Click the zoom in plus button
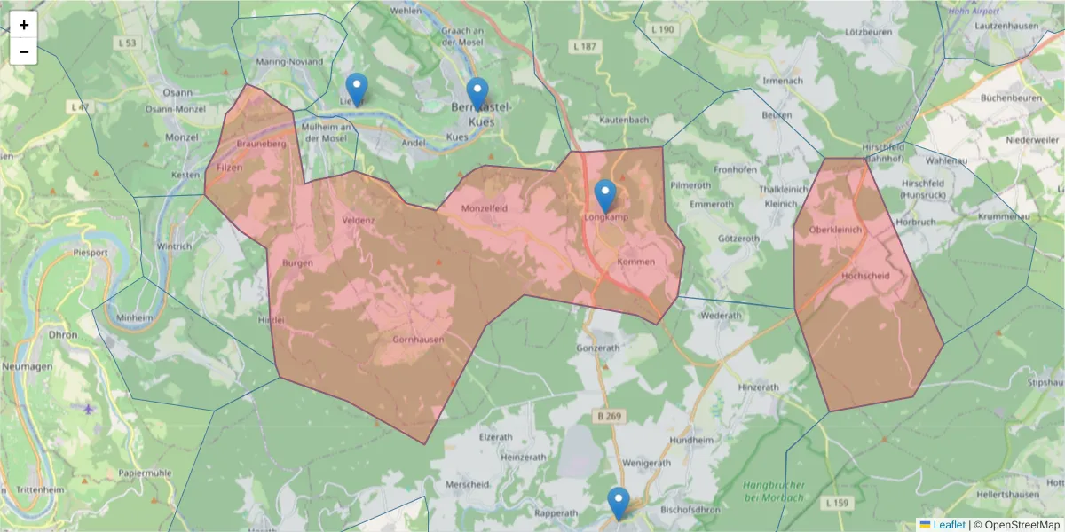24,25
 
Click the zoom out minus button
24,51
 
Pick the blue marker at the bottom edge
618,503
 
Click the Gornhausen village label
418,339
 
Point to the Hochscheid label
864,276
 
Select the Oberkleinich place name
836,229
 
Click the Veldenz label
359,220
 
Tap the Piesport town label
91,252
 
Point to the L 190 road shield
662,29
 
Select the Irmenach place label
783,81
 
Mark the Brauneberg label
260,143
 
